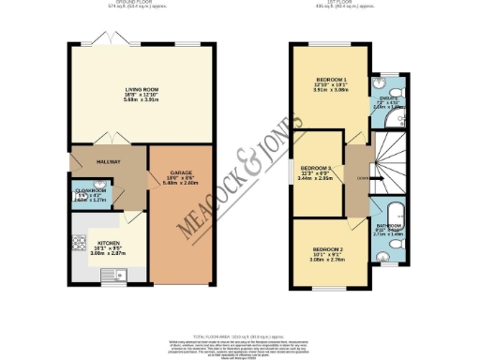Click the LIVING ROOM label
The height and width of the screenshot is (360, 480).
tap(139, 90)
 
